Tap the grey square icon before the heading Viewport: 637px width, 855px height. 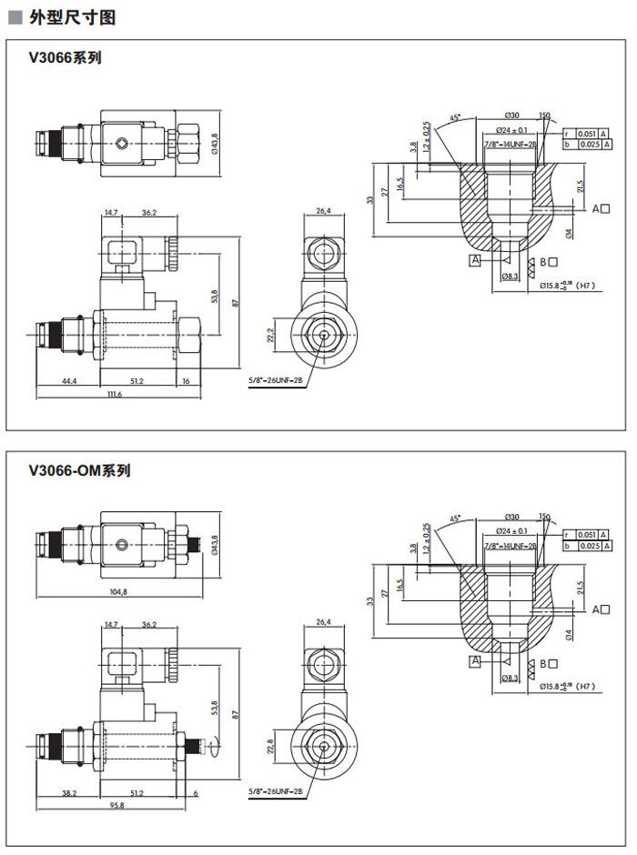tap(15, 17)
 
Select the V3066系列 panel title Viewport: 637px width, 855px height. tap(65, 58)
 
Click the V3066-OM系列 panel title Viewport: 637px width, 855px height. tap(80, 471)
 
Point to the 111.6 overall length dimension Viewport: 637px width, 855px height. tap(114, 395)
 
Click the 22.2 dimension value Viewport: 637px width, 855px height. tap(269, 336)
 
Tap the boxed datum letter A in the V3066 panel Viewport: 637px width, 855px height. tap(474, 261)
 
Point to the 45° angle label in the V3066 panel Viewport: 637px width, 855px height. tap(455, 117)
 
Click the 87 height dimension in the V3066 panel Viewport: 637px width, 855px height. tap(235, 303)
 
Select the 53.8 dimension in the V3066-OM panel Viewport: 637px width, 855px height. tap(215, 708)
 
